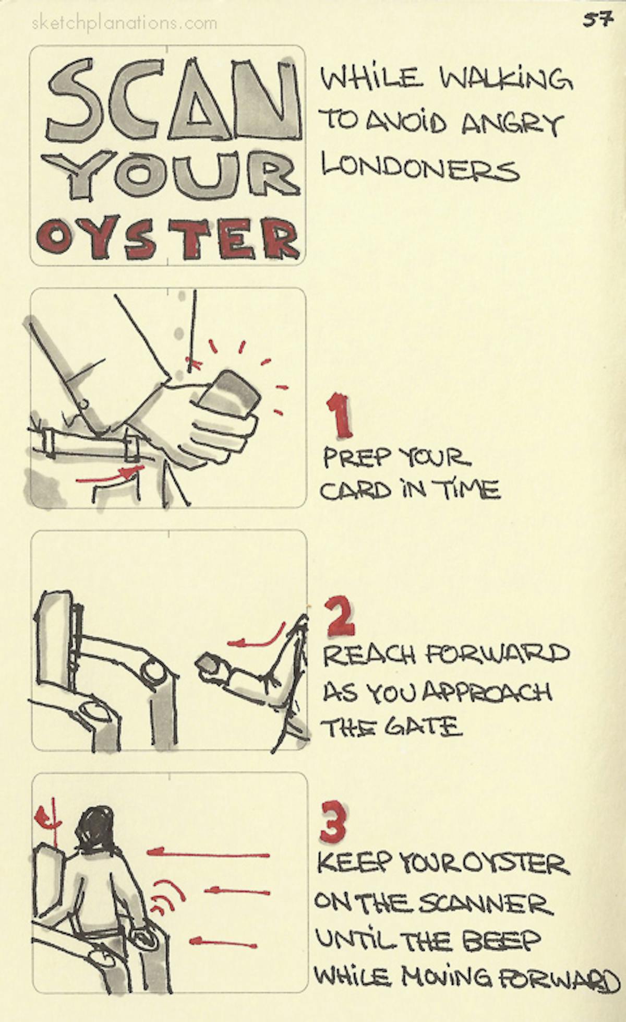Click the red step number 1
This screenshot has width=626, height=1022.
pos(339,416)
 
